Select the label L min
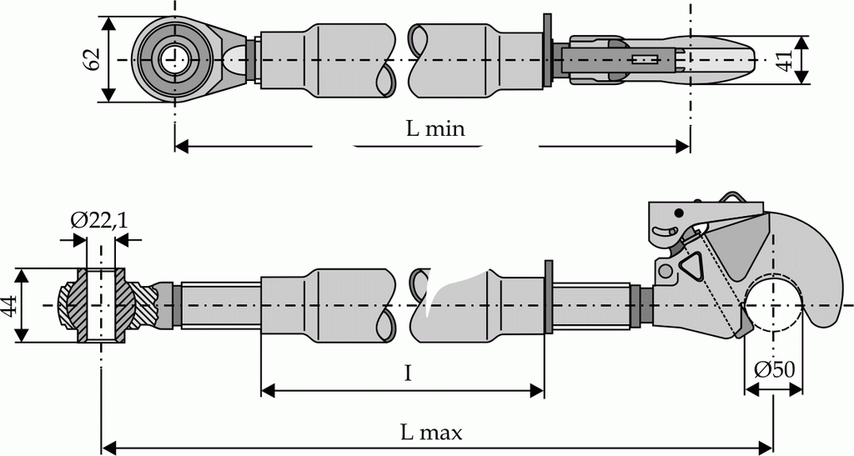435,129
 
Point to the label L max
430,432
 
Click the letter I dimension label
407,373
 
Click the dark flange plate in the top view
547,52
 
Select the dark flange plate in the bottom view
548,296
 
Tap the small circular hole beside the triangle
665,271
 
